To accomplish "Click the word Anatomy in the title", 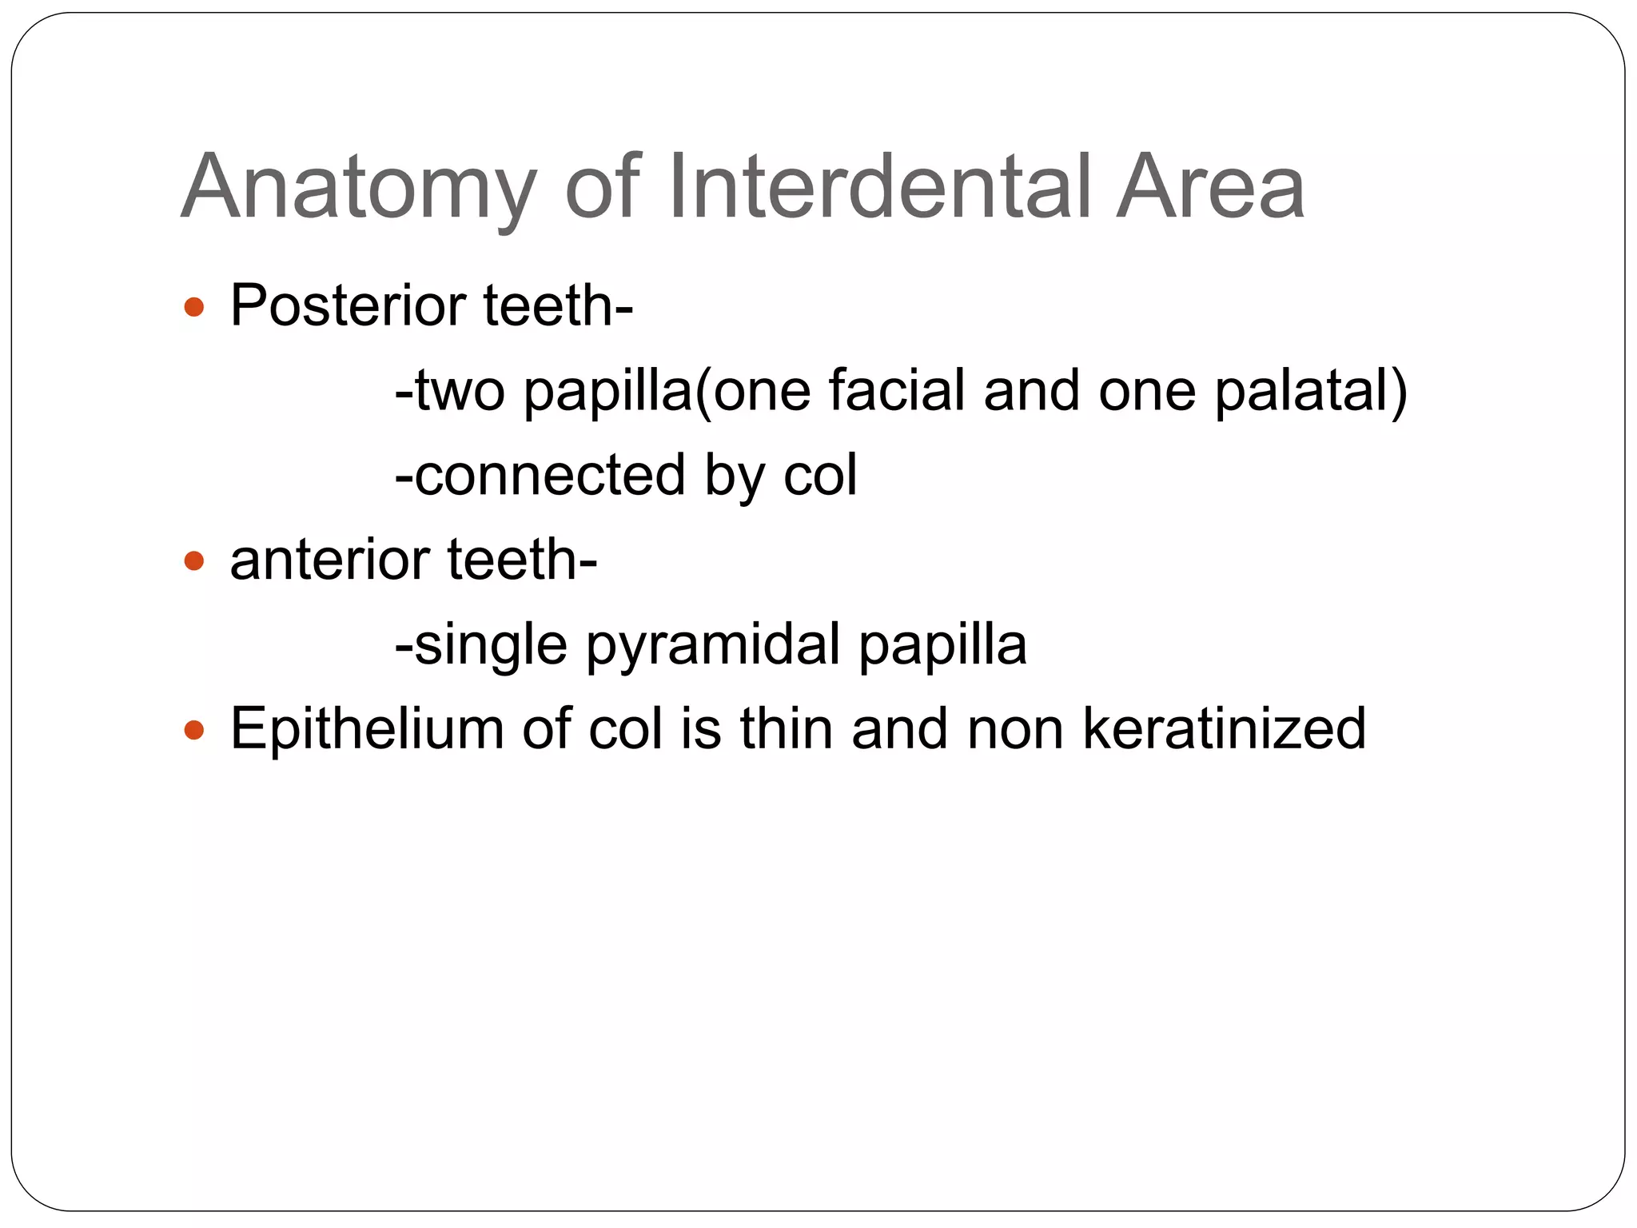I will pyautogui.click(x=359, y=189).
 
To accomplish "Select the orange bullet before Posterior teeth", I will pyautogui.click(x=194, y=307).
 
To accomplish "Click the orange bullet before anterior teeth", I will pyautogui.click(x=194, y=560).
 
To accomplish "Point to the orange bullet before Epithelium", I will pyautogui.click(x=194, y=730).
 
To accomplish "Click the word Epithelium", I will pyautogui.click(x=367, y=730).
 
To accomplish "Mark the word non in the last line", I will pyautogui.click(x=1014, y=729).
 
